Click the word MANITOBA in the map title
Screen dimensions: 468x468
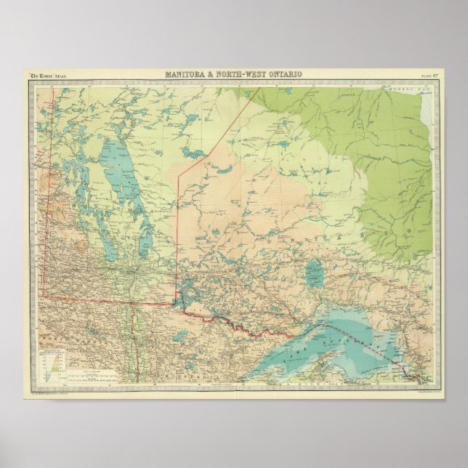coord(187,74)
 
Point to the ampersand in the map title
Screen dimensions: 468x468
coord(213,74)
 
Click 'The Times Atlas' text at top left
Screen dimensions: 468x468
coord(46,75)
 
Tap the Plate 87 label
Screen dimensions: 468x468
coord(428,75)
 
